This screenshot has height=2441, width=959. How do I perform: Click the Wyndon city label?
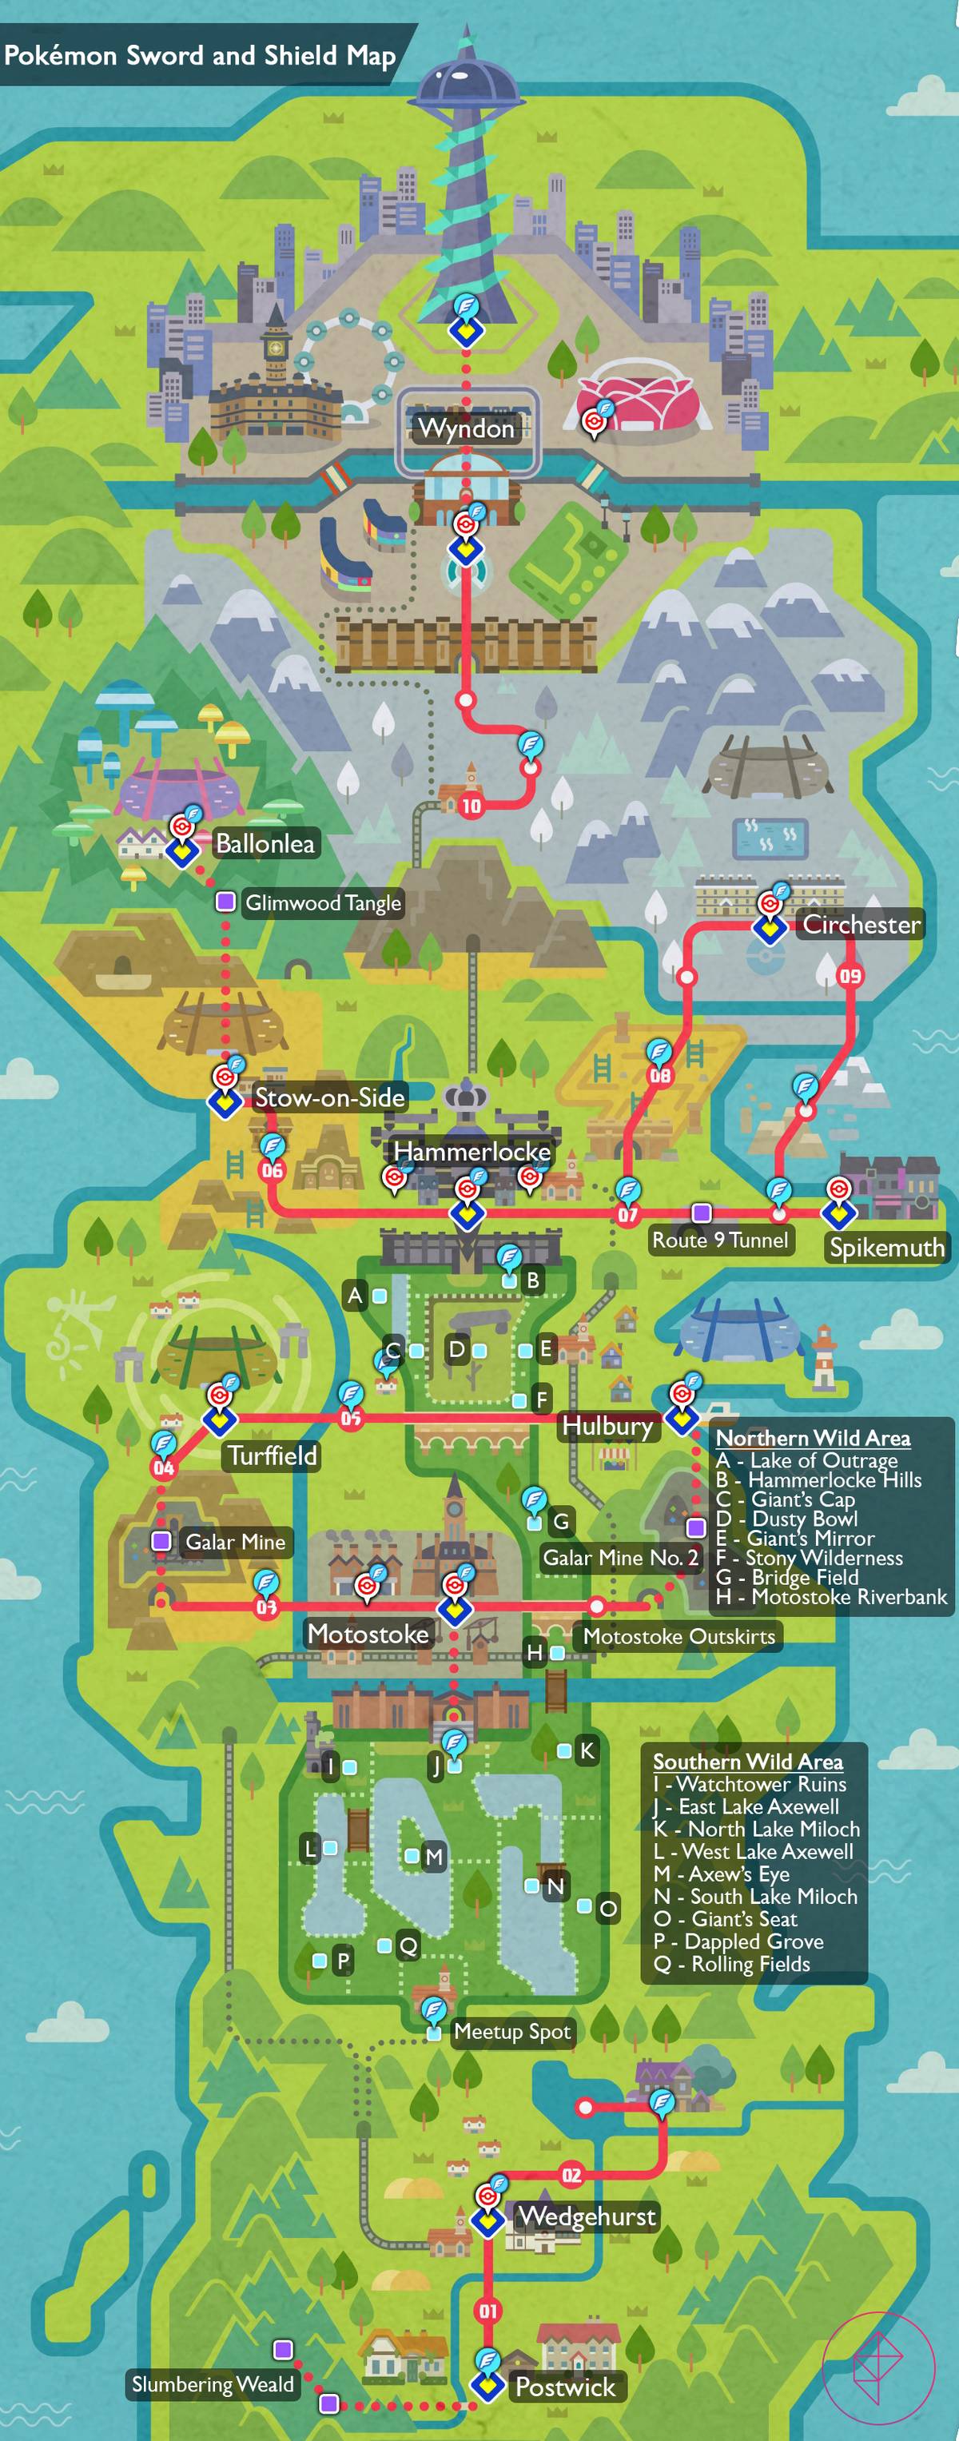[466, 429]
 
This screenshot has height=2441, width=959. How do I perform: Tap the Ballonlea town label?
[265, 843]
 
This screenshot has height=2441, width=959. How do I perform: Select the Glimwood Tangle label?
[323, 903]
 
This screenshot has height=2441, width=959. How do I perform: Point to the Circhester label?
[862, 925]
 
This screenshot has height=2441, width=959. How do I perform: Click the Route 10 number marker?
[471, 806]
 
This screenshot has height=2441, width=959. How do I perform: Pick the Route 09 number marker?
[850, 975]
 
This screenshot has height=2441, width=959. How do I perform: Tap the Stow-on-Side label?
[328, 1097]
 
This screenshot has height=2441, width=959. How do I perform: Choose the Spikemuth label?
[887, 1247]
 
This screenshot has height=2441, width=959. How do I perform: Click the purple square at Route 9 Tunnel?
[701, 1212]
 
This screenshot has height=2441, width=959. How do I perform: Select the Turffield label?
[272, 1455]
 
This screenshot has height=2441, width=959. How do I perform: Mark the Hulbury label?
[607, 1426]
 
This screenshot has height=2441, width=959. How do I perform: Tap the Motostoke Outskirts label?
[678, 1636]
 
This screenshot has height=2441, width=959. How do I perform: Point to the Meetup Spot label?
[511, 2032]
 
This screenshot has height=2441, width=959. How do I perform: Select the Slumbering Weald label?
[213, 2384]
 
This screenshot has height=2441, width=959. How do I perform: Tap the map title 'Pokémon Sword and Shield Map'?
[199, 55]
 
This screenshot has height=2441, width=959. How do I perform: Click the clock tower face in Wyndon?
[276, 347]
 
